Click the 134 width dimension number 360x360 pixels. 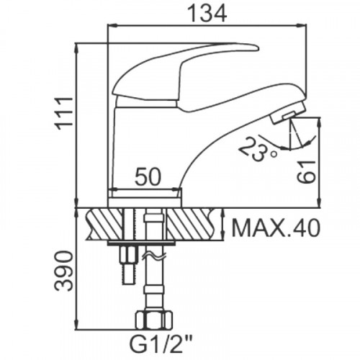click(207, 14)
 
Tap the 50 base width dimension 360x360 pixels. click(148, 177)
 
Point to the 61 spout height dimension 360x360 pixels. click(306, 172)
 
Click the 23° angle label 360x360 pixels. click(258, 149)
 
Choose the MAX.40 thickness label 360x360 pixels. click(276, 228)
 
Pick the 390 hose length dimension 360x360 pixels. click(63, 271)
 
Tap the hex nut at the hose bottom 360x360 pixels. click(154, 320)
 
